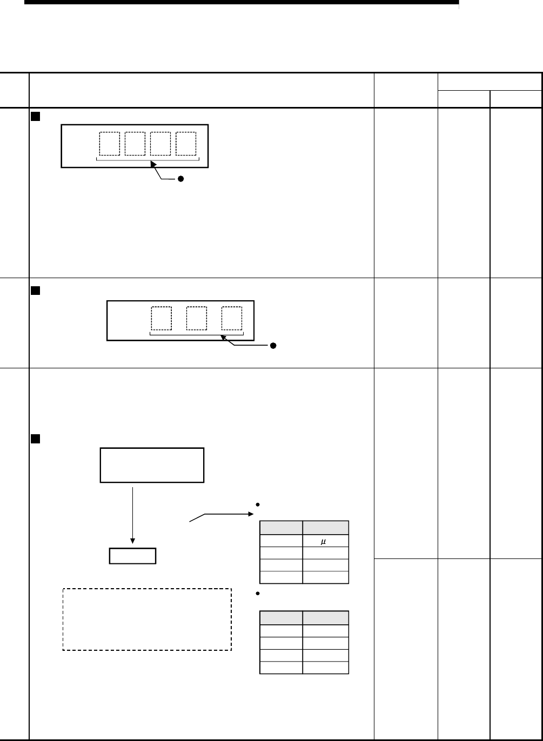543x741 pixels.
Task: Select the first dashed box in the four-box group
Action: pyautogui.click(x=109, y=143)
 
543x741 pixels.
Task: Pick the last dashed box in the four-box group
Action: pyautogui.click(x=186, y=143)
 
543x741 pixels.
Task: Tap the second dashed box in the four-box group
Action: pyautogui.click(x=135, y=143)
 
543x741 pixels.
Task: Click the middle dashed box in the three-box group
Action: pyautogui.click(x=196, y=318)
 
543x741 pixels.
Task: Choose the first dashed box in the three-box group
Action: pyautogui.click(x=161, y=318)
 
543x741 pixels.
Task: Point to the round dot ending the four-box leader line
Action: pyautogui.click(x=182, y=179)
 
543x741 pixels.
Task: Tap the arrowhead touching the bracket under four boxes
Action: pyautogui.click(x=153, y=163)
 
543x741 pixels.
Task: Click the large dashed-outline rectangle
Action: pyautogui.click(x=147, y=619)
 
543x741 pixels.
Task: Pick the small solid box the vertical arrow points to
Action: pyautogui.click(x=132, y=556)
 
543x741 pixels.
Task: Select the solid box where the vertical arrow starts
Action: pyautogui.click(x=152, y=464)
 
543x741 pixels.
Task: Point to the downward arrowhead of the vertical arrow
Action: pyautogui.click(x=132, y=542)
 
